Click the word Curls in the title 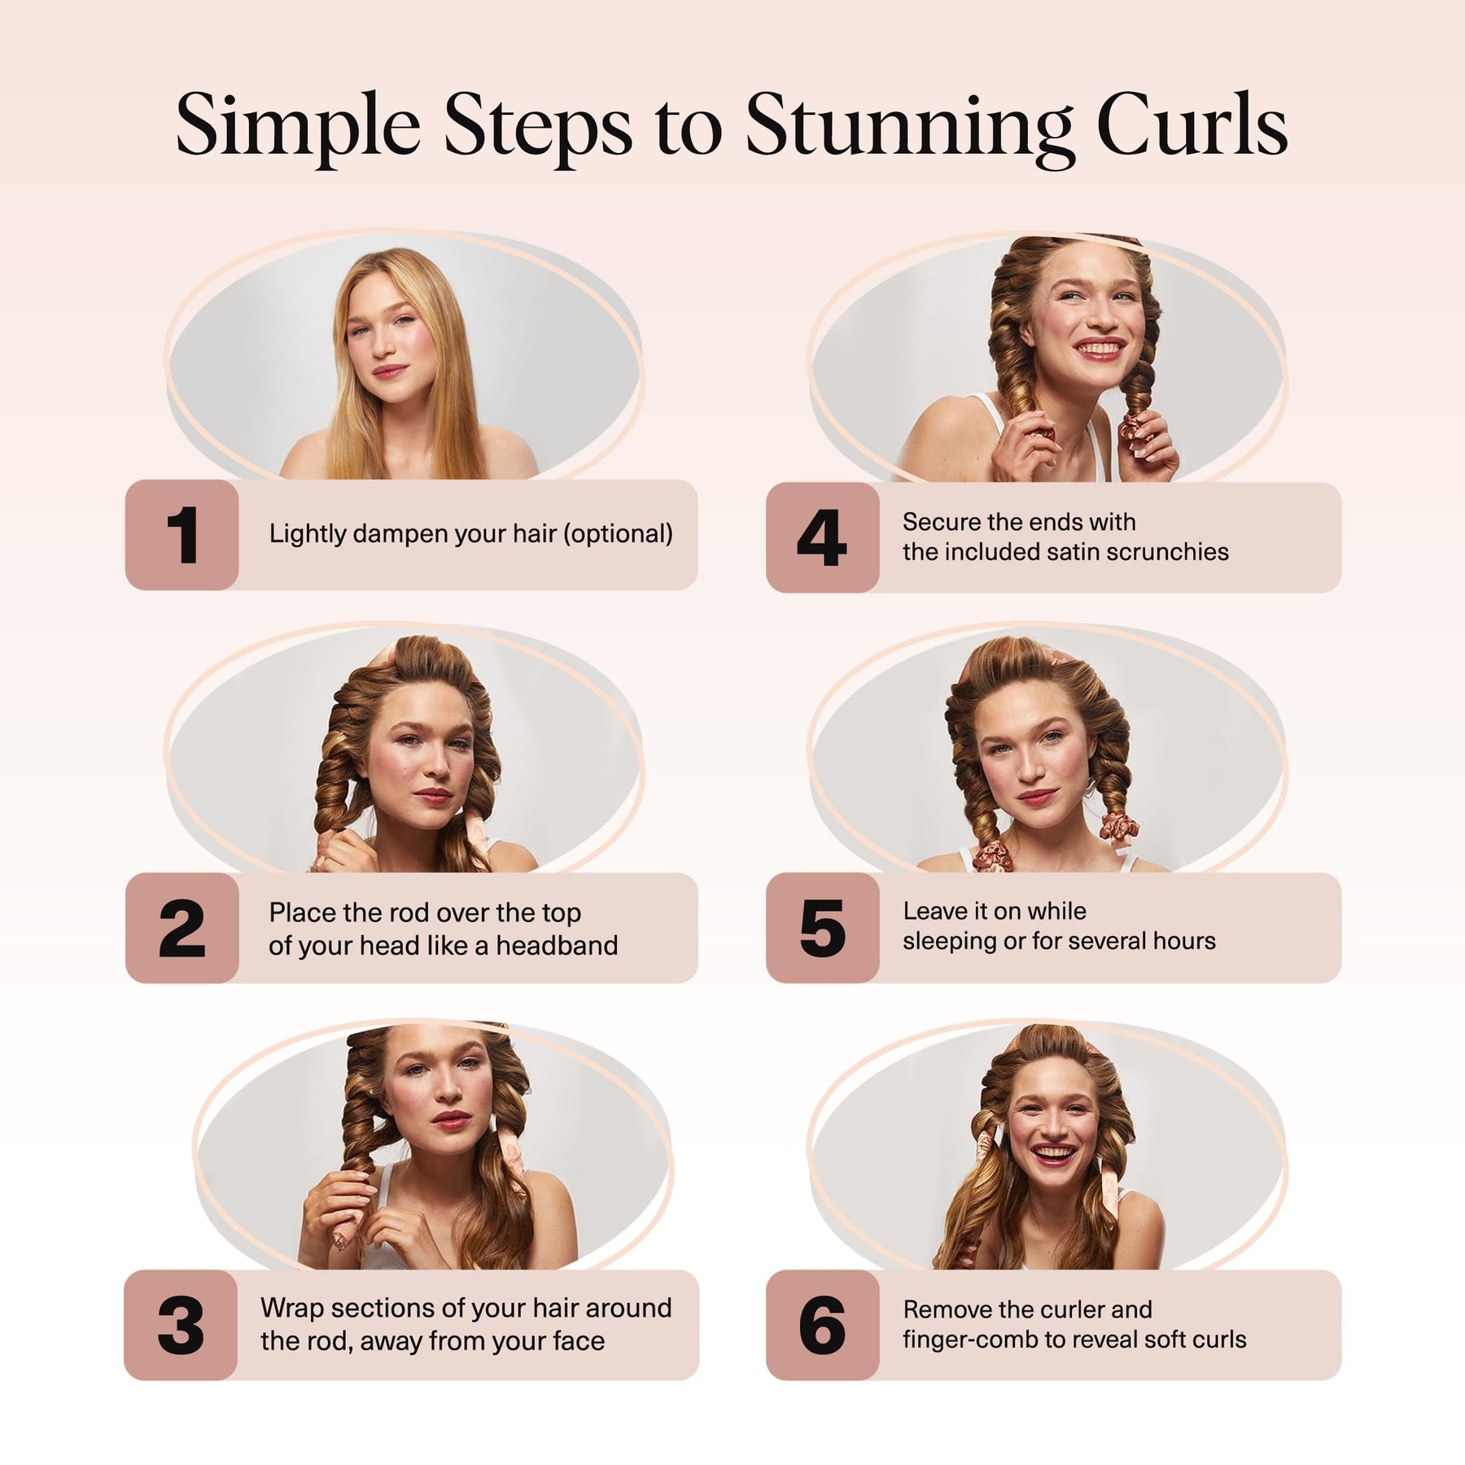(1192, 123)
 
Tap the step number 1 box (181, 535)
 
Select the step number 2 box (181, 928)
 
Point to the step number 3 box (181, 1325)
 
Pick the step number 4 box (822, 537)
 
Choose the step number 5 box (822, 928)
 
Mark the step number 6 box (822, 1325)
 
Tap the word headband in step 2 (557, 946)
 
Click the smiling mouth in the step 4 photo (1099, 349)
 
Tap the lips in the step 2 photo (431, 795)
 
